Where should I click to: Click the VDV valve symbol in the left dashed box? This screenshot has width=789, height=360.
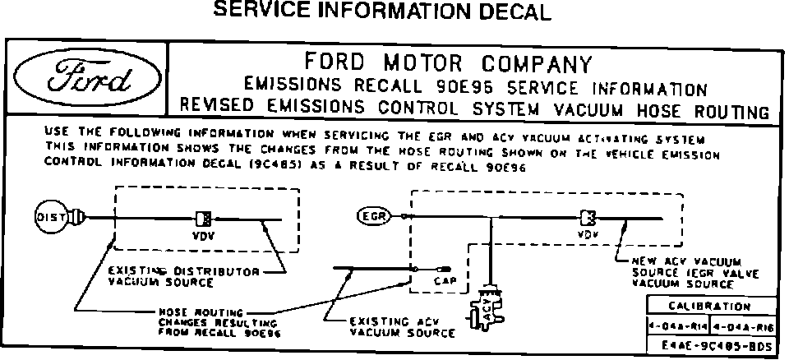[202, 219]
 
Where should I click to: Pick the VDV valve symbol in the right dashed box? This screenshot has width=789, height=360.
[587, 217]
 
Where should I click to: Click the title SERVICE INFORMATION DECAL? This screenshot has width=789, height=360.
[381, 12]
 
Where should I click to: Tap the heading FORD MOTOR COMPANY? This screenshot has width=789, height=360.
[448, 63]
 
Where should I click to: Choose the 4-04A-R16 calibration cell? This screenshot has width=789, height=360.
[741, 326]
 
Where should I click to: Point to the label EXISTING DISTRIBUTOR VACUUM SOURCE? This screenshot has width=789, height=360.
[184, 276]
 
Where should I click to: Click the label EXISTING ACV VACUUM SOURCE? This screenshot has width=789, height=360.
[402, 326]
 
